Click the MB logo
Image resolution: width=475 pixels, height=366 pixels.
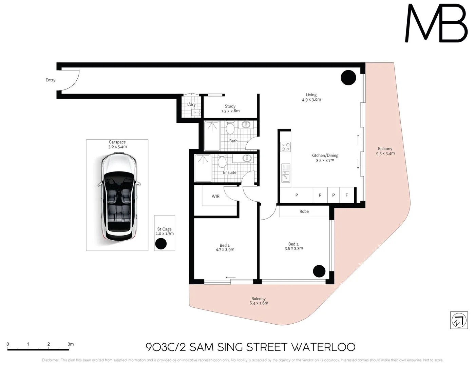coord(436,24)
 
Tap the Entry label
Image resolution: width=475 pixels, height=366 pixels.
coord(51,80)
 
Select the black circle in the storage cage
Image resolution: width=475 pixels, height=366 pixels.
coord(161,244)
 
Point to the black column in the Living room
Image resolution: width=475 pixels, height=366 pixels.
coord(348,78)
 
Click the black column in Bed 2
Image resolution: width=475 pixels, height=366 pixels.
coord(319,271)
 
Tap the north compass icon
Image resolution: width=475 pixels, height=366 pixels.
coord(459,320)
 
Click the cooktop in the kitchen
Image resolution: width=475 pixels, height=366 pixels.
coord(285,147)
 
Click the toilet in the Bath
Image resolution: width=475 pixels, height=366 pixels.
coord(230,128)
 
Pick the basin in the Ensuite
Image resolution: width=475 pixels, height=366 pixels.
coord(247,158)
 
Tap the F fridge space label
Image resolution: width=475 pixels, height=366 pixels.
coord(346,195)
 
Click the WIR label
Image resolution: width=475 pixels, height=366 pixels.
coord(215,196)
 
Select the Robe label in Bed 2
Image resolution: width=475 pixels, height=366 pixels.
coord(304,211)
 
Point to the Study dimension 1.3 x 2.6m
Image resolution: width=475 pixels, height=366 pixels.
coord(230,111)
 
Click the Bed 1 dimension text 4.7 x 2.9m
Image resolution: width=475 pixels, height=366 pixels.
coord(225,250)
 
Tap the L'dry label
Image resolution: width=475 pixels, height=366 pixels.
coord(191,104)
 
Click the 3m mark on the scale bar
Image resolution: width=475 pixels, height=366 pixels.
coord(71,344)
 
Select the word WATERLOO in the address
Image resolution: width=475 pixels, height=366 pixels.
coord(323,347)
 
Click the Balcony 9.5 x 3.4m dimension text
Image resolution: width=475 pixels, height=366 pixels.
coord(385,154)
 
